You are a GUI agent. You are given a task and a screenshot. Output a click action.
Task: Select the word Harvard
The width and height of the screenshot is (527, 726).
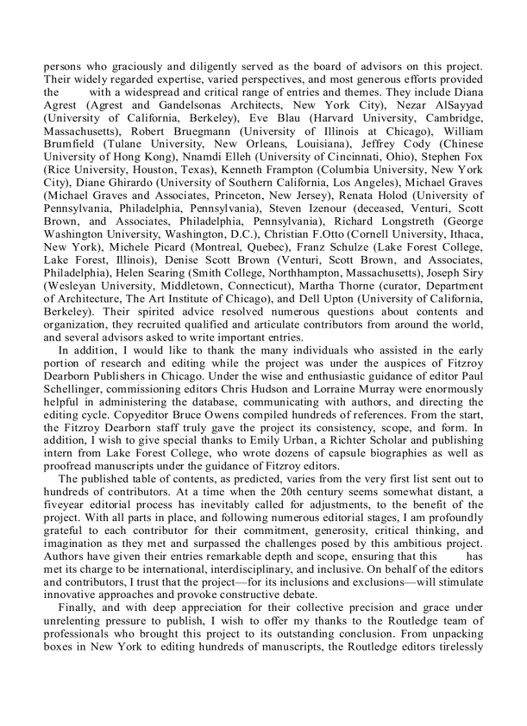[x=334, y=118]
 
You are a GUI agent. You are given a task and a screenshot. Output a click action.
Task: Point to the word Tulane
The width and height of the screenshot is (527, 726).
[x=126, y=144]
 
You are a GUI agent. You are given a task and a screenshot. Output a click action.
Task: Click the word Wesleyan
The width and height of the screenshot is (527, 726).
[x=72, y=286]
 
